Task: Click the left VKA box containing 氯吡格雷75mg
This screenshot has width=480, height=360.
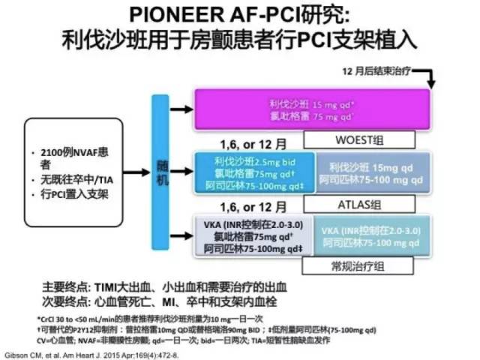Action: click(x=251, y=235)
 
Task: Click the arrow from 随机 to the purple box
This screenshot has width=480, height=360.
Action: click(x=181, y=109)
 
